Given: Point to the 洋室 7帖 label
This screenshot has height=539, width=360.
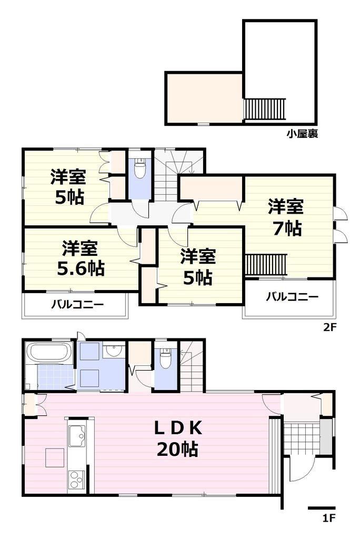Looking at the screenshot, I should [285, 216].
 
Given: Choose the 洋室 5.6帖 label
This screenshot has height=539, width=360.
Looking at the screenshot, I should [80, 258].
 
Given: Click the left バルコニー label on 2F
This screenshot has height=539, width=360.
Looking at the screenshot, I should [77, 304].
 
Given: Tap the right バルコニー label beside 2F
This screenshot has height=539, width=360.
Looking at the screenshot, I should [292, 296].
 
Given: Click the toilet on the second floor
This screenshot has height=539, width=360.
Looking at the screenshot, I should [139, 169].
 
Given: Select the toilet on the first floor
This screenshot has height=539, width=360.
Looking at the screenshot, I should [166, 360].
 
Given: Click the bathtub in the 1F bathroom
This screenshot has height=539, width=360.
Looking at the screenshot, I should [51, 351].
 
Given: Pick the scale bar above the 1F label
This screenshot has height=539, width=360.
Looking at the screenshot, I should [321, 508].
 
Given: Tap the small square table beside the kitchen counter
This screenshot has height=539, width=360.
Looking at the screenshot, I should [54, 457].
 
